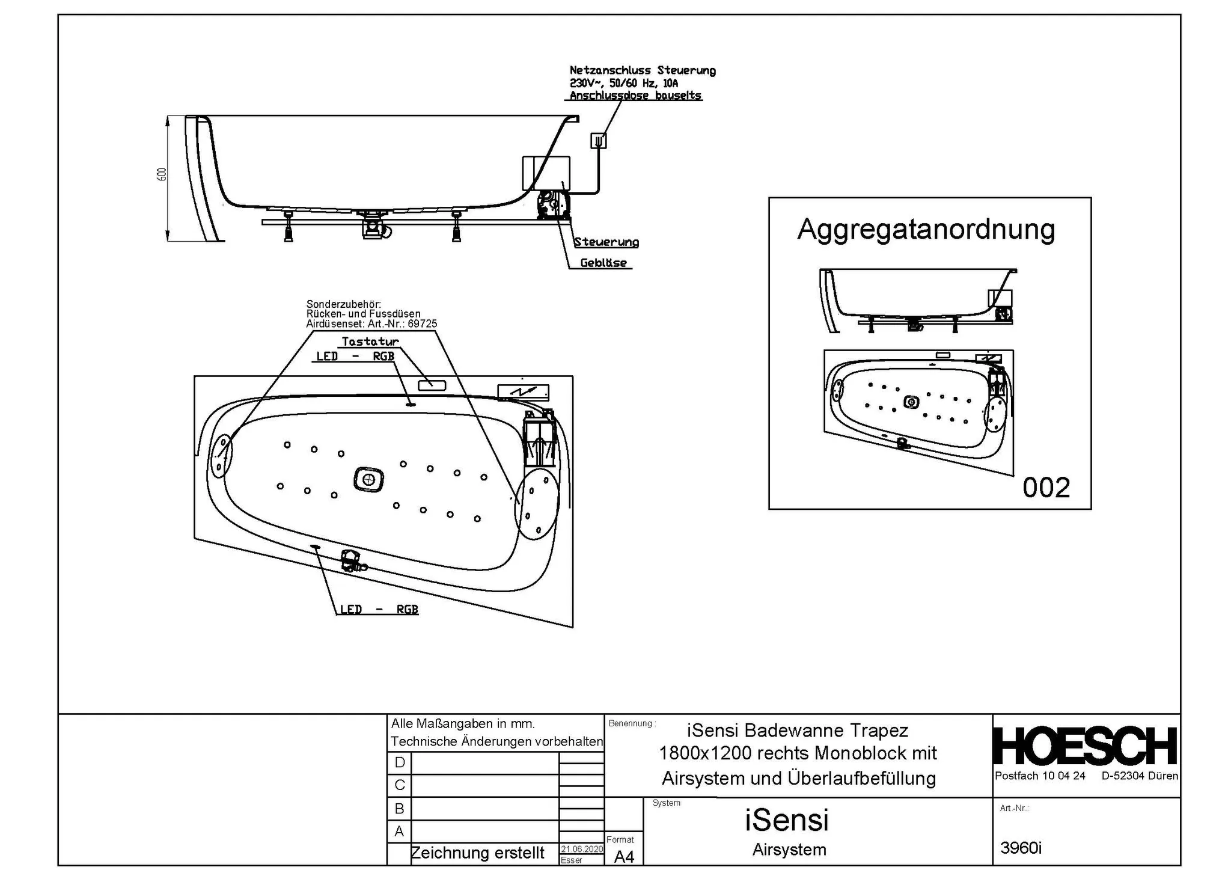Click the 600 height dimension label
tap(161, 174)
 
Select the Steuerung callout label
tap(606, 242)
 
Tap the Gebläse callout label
tap(603, 263)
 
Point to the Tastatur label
tap(370, 342)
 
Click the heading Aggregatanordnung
tap(926, 230)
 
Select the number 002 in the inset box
tap(1046, 488)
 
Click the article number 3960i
tap(1021, 848)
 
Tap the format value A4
tap(624, 856)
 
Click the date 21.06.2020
tap(581, 849)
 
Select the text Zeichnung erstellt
tap(477, 853)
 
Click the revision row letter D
tap(400, 762)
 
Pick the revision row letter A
tap(399, 831)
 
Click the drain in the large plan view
tap(368, 480)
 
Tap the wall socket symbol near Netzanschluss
tap(599, 141)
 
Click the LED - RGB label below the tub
tap(379, 609)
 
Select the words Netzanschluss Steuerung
tap(642, 71)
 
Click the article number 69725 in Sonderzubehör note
tap(422, 323)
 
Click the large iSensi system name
tap(786, 819)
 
